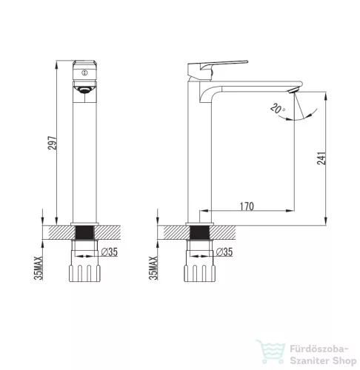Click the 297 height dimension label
pos(53,143)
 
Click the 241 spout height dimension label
pos(321,158)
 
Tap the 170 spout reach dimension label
pos(247,206)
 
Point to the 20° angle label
pos(278,109)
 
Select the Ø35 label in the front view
pos(110,252)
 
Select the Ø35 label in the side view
pos(224,252)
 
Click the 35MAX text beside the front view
pos(39,268)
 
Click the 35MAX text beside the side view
pos(153,268)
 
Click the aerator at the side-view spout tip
pos(293,90)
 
